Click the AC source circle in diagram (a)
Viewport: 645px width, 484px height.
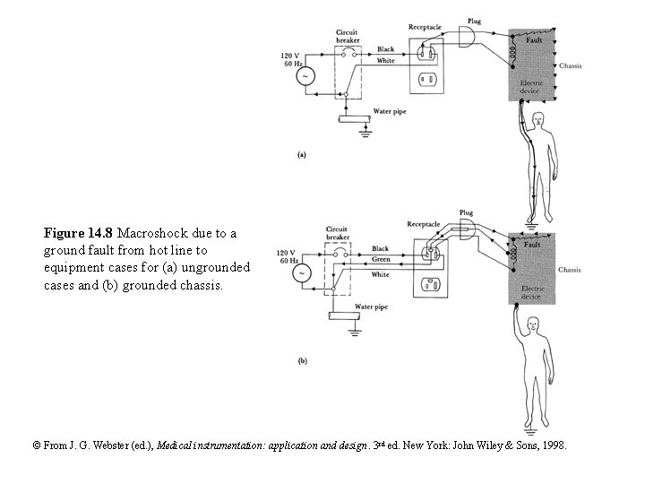point(305,76)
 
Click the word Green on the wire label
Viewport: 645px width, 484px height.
point(382,260)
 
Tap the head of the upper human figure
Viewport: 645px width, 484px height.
point(537,120)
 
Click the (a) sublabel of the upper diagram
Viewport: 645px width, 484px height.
point(302,154)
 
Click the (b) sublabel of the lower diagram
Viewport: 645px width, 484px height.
point(302,361)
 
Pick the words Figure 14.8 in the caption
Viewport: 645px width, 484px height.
point(78,234)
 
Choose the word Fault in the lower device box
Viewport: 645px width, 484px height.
point(532,245)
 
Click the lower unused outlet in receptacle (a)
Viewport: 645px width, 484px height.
point(426,80)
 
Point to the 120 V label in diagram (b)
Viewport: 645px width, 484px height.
point(287,253)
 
